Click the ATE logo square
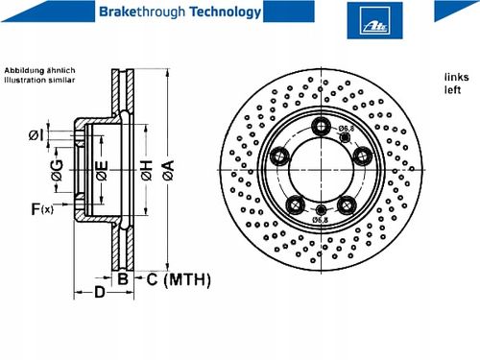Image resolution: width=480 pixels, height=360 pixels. click(374, 20)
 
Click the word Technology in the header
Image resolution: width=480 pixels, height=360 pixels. click(226, 12)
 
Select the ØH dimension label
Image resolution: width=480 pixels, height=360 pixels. click(146, 170)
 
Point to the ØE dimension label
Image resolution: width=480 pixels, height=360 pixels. click(102, 170)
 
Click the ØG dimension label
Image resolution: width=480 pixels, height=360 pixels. click(58, 170)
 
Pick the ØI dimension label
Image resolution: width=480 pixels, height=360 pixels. click(36, 135)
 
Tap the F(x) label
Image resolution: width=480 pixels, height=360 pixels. click(42, 209)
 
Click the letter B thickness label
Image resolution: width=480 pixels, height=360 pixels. click(123, 279)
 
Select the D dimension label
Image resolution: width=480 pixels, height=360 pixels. click(100, 292)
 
